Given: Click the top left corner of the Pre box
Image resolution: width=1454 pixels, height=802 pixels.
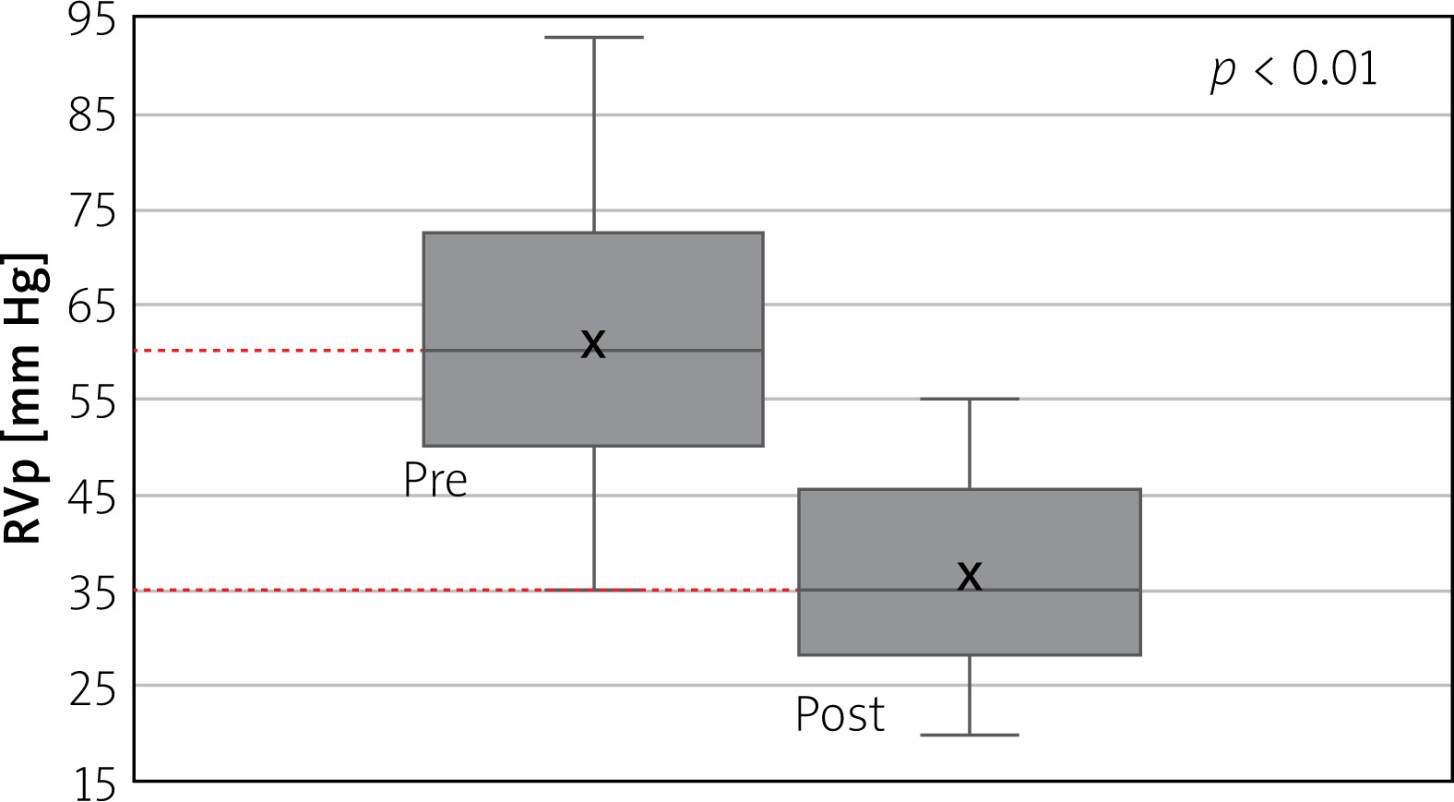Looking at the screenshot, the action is coord(423,233).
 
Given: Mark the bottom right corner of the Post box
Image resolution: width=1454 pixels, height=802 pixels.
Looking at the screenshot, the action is coord(1140,654).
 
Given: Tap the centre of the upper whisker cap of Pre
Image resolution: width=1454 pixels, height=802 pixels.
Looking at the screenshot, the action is coord(594,37).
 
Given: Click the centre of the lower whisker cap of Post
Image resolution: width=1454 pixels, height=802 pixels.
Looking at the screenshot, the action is coord(970,735).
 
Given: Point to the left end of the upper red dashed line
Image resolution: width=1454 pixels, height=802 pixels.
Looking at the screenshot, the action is coord(135,351).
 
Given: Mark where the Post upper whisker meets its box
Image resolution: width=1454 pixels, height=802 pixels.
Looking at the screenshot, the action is coord(970,489).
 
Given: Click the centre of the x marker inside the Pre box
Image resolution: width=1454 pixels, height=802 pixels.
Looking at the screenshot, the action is coord(593,344).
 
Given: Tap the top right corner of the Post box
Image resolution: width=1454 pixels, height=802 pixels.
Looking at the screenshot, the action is coord(1140,489).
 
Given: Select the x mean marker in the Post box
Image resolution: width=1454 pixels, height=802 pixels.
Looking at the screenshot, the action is coord(970,576).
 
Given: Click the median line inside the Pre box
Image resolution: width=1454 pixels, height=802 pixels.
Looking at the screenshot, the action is coord(593,351).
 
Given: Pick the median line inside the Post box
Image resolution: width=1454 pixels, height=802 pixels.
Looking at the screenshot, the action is coord(970,590).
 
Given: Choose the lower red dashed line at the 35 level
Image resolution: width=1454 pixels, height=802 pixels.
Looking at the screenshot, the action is coord(467,591).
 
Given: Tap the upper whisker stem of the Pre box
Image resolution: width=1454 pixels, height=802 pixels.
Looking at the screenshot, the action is coord(594,135).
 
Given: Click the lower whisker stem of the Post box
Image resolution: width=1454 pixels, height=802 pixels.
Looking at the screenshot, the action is coord(970,695).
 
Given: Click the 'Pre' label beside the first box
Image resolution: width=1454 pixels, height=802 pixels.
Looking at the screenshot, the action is coord(435,481).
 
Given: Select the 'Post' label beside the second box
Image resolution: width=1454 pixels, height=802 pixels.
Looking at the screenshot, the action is coord(840,714).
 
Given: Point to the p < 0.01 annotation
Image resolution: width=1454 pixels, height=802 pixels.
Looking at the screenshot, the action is coord(1293,70).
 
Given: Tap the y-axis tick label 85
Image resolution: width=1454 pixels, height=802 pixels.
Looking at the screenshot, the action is coord(92,117).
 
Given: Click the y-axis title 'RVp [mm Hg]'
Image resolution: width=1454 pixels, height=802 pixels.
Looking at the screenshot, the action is coord(26,398).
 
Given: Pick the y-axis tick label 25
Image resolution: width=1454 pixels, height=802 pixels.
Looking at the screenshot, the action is coord(92,689).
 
